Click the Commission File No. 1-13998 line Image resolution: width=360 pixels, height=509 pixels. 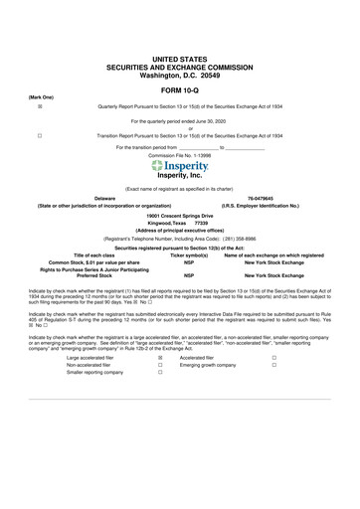(180, 156)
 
